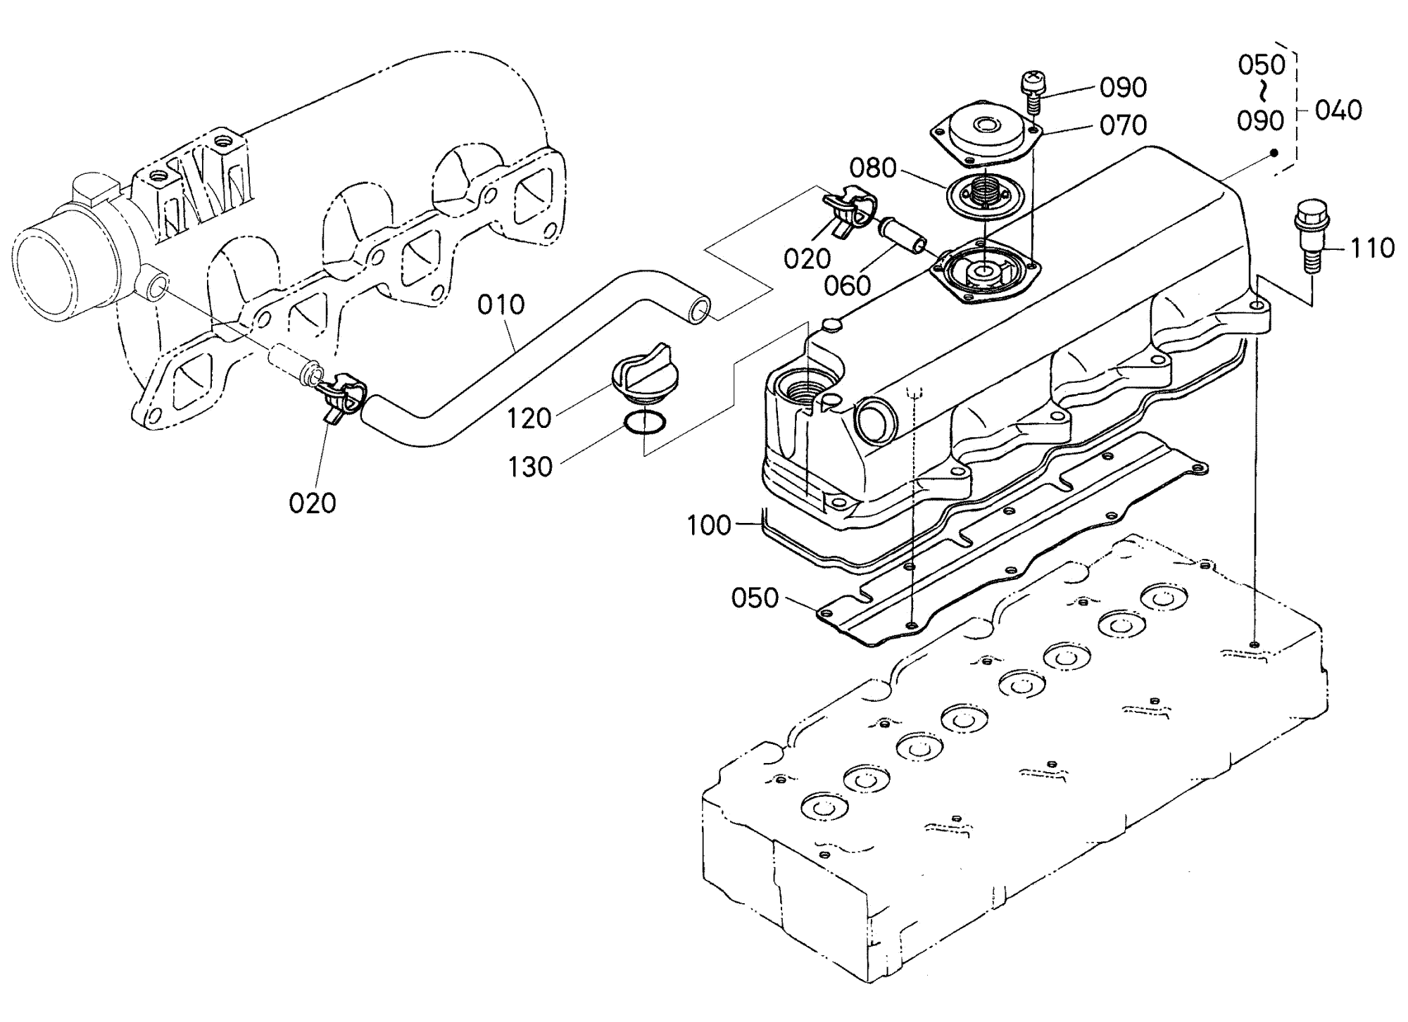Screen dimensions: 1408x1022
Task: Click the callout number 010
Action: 501,305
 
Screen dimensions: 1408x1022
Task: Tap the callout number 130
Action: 530,467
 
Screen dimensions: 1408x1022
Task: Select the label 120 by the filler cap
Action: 529,419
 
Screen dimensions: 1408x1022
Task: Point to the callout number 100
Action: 710,525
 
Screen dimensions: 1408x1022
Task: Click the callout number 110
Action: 1371,248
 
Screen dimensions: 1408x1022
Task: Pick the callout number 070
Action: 1124,125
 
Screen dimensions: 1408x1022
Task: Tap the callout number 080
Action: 872,168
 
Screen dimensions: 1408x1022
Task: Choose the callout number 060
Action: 848,285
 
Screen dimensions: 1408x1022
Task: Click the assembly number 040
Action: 1338,111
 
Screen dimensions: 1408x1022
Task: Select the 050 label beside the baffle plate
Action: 755,598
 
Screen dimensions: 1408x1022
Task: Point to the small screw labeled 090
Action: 1031,92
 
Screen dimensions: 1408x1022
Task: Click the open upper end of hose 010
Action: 699,310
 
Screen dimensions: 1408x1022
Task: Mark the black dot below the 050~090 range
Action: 1274,153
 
